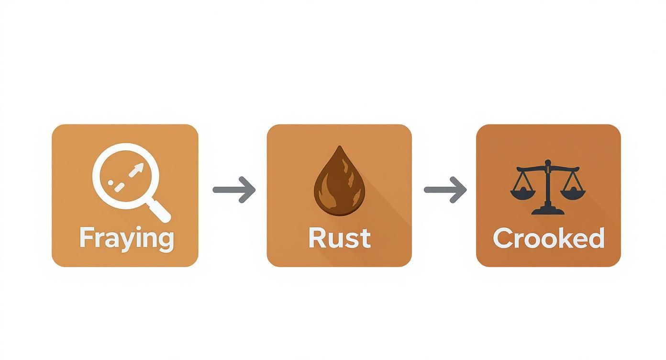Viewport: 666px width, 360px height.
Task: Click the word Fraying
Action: click(126, 238)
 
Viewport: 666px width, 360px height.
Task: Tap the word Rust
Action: click(339, 238)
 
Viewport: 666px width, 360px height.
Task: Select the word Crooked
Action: click(548, 238)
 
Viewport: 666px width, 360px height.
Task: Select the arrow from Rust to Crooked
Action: click(445, 190)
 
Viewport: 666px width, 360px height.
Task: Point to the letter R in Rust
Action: click(318, 237)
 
